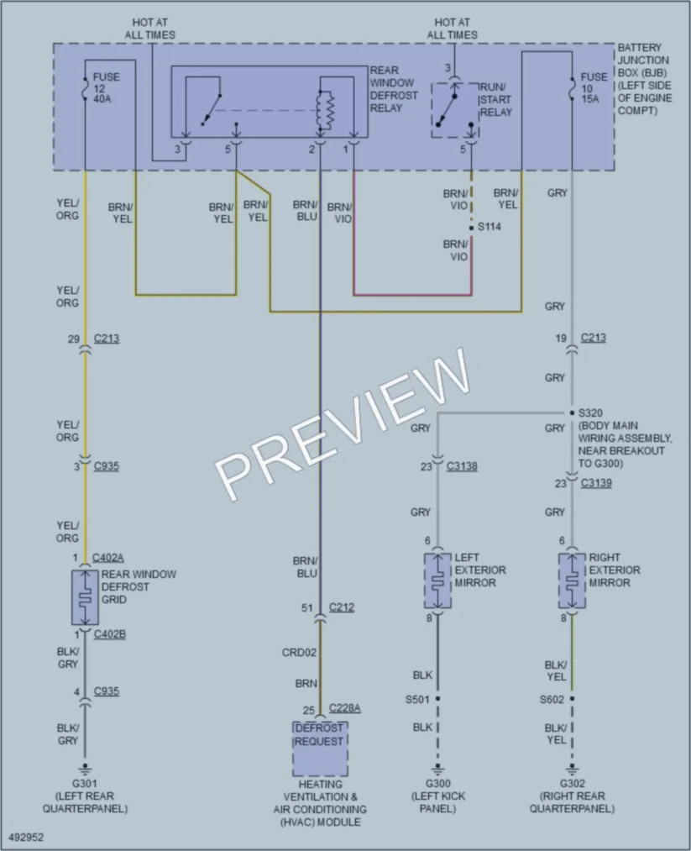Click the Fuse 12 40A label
[106, 88]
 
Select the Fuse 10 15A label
[594, 88]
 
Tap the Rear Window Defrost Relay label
[394, 89]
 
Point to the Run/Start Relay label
[495, 100]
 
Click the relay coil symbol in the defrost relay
[326, 111]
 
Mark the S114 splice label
[489, 227]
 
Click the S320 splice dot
[572, 413]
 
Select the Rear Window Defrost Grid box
[85, 597]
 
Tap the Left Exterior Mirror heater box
[437, 580]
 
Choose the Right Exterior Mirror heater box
[573, 580]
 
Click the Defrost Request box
[321, 749]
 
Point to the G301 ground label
[85, 783]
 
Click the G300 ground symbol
[437, 769]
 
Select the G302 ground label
[573, 783]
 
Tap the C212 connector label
[342, 607]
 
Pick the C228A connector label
[345, 708]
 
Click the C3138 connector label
[462, 466]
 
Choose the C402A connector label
[108, 557]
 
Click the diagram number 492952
[26, 838]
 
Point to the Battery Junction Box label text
[645, 79]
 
